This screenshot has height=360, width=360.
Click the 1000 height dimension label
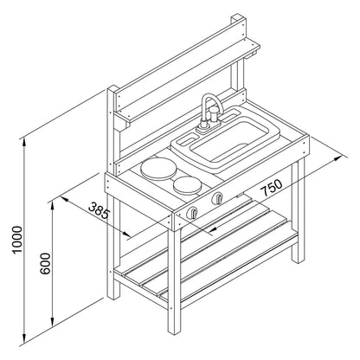click(x=17, y=240)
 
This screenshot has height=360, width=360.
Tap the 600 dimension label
click(x=45, y=263)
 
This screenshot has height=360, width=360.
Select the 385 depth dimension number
click(x=100, y=210)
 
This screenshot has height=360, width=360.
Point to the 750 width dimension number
click(x=271, y=187)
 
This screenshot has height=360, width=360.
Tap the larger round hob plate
click(x=157, y=169)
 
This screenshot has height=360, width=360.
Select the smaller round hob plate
click(x=187, y=185)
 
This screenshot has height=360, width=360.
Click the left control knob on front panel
click(x=192, y=213)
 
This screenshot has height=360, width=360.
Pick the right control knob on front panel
click(x=217, y=198)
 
